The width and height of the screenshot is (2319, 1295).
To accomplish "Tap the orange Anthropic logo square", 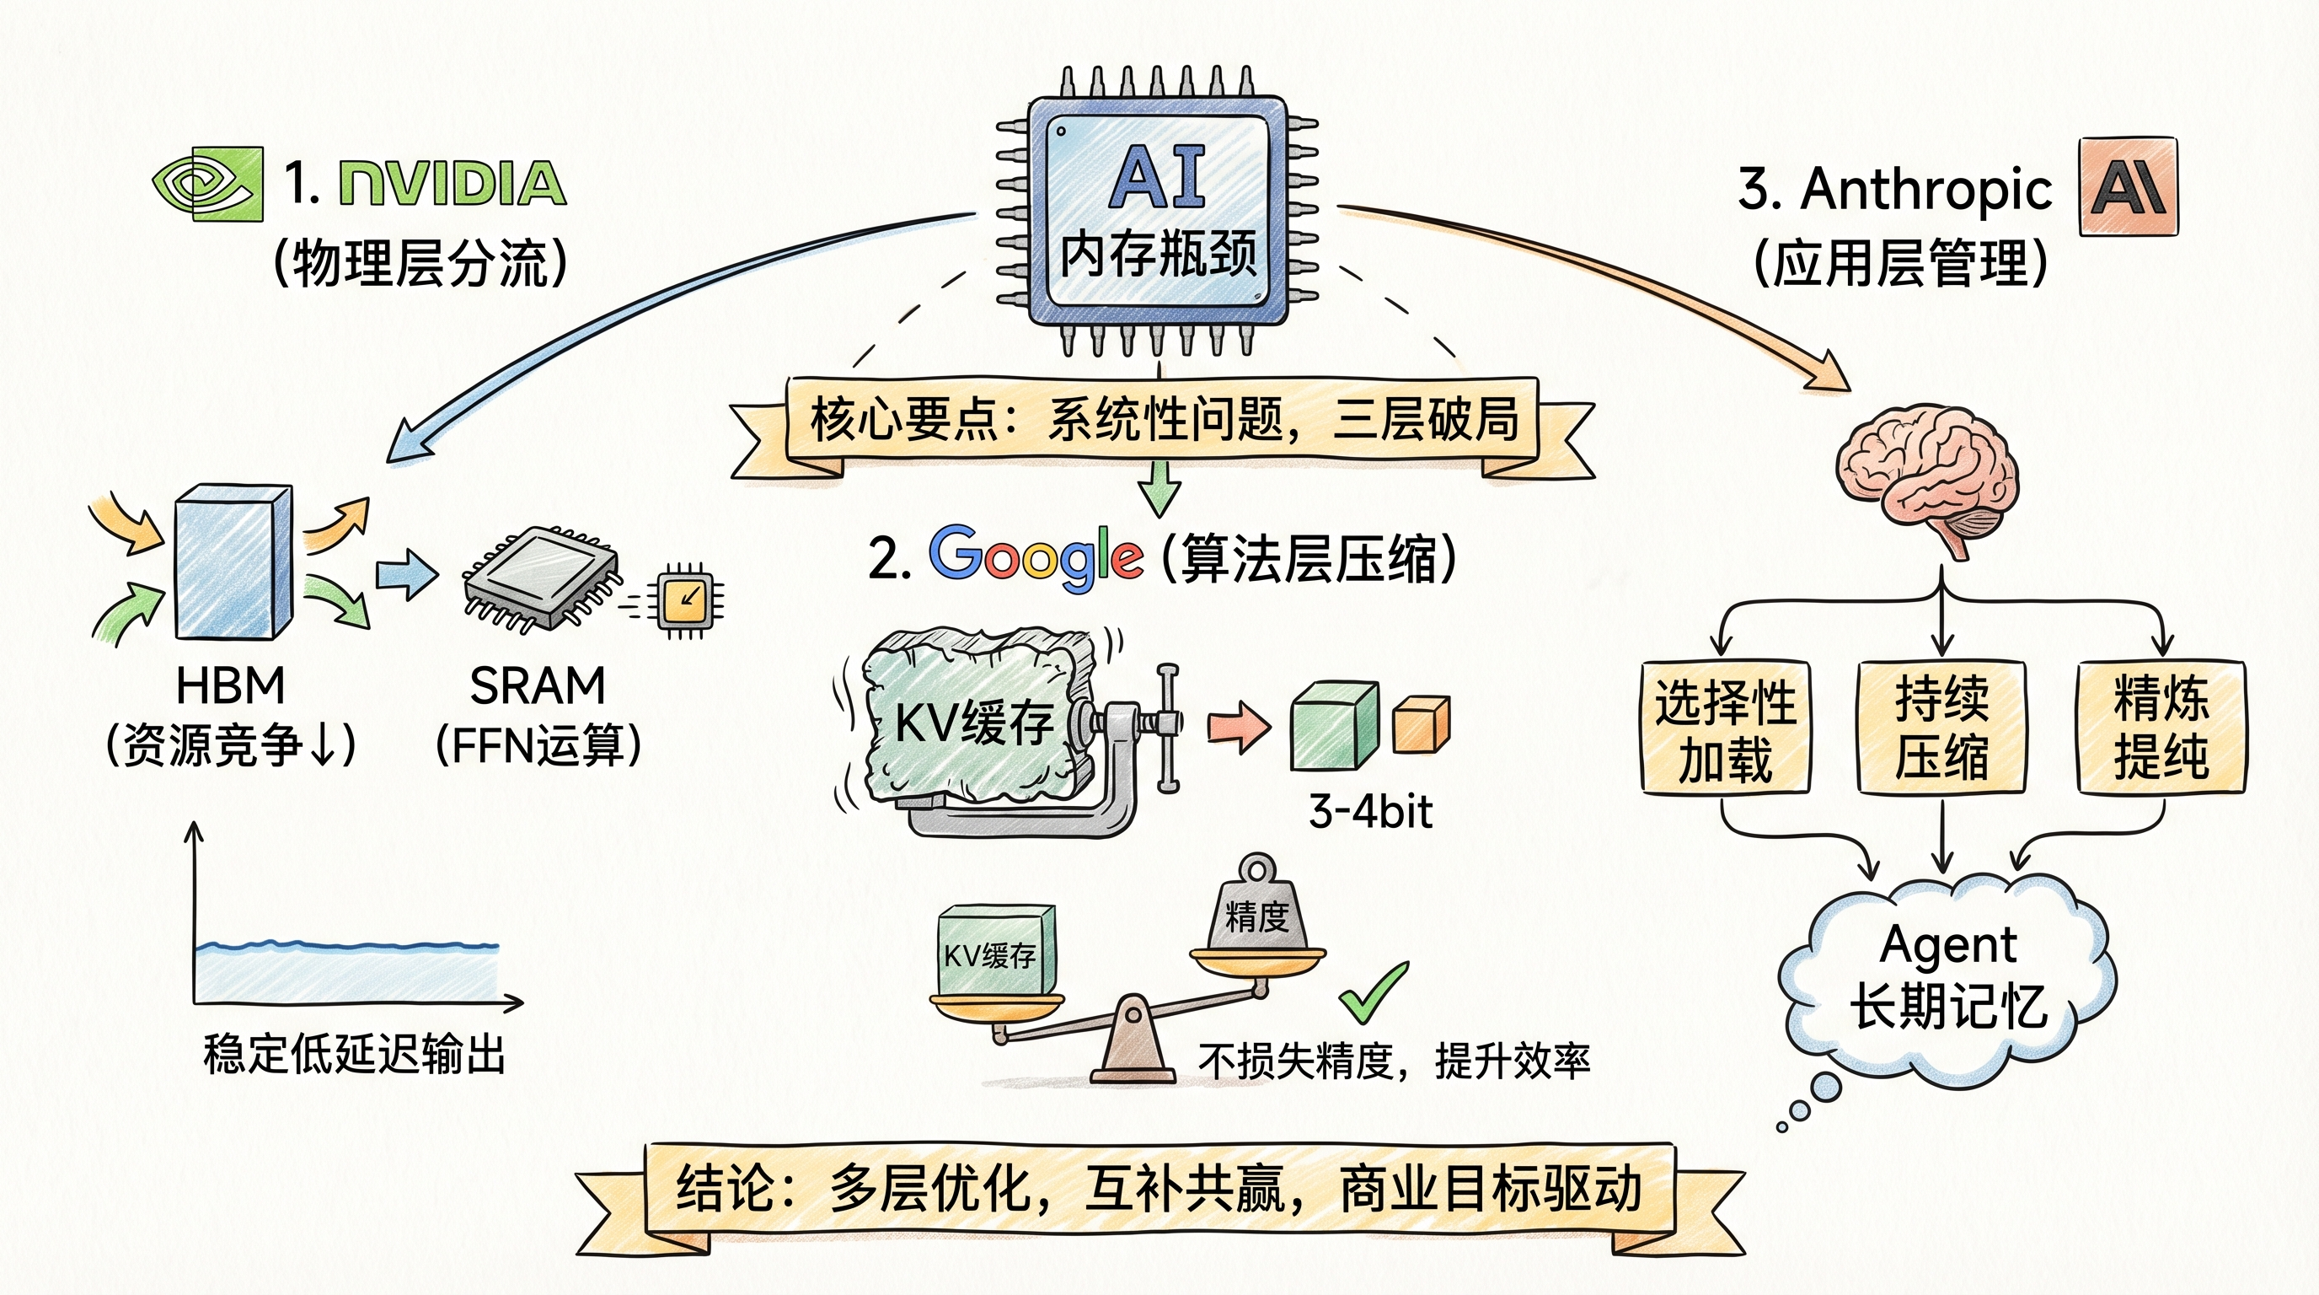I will pyautogui.click(x=2129, y=187).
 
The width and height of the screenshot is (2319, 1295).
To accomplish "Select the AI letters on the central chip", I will pyautogui.click(x=1158, y=177).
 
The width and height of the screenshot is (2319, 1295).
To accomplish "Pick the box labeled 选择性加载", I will pyautogui.click(x=1725, y=728).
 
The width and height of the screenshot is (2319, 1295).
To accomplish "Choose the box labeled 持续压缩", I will pyautogui.click(x=1941, y=728).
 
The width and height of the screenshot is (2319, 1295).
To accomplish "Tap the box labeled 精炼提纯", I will pyautogui.click(x=2161, y=728).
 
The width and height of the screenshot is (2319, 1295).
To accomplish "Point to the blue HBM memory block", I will pyautogui.click(x=234, y=563).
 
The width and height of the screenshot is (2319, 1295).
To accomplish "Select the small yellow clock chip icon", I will pyautogui.click(x=686, y=599).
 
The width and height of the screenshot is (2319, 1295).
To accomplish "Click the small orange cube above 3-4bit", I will pyautogui.click(x=1422, y=724).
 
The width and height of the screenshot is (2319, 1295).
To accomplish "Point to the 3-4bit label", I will pyautogui.click(x=1370, y=812).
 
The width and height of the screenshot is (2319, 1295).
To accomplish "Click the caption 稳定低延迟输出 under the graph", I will pyautogui.click(x=354, y=1055).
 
